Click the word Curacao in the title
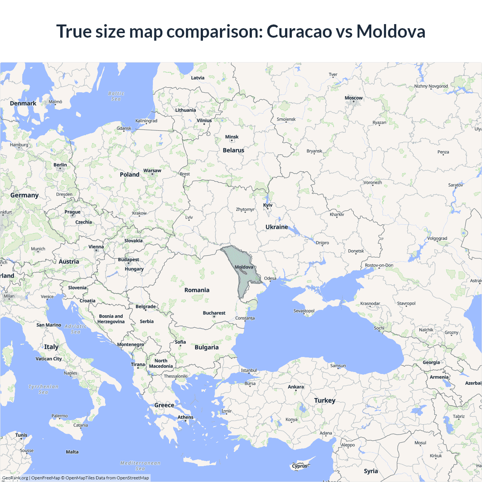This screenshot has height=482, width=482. click(299, 32)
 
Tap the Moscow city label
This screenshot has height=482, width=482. click(354, 98)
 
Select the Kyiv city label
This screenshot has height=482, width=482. click(268, 205)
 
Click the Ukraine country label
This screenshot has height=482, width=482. click(276, 227)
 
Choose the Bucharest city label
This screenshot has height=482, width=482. click(214, 313)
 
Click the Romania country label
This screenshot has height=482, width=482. click(197, 290)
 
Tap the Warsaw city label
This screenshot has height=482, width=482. click(152, 171)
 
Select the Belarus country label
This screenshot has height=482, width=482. click(233, 150)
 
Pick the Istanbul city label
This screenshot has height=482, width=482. click(249, 370)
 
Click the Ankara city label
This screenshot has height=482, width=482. click(296, 387)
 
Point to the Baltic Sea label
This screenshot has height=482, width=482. click(116, 96)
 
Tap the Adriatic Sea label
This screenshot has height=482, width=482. click(75, 329)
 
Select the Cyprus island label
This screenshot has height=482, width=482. click(300, 466)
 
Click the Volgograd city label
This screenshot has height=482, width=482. click(437, 238)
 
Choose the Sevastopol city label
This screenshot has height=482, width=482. click(304, 311)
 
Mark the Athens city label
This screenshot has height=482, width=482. click(185, 417)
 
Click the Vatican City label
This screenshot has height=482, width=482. click(49, 359)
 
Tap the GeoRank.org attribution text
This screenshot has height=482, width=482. click(15, 478)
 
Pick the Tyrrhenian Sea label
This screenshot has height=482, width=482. click(43, 389)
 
